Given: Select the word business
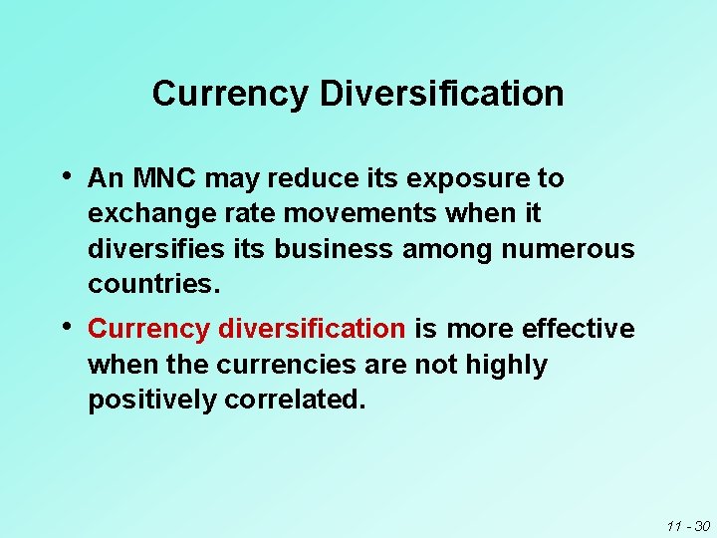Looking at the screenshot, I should pyautogui.click(x=334, y=249).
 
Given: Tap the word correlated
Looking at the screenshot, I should pyautogui.click(x=295, y=401).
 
